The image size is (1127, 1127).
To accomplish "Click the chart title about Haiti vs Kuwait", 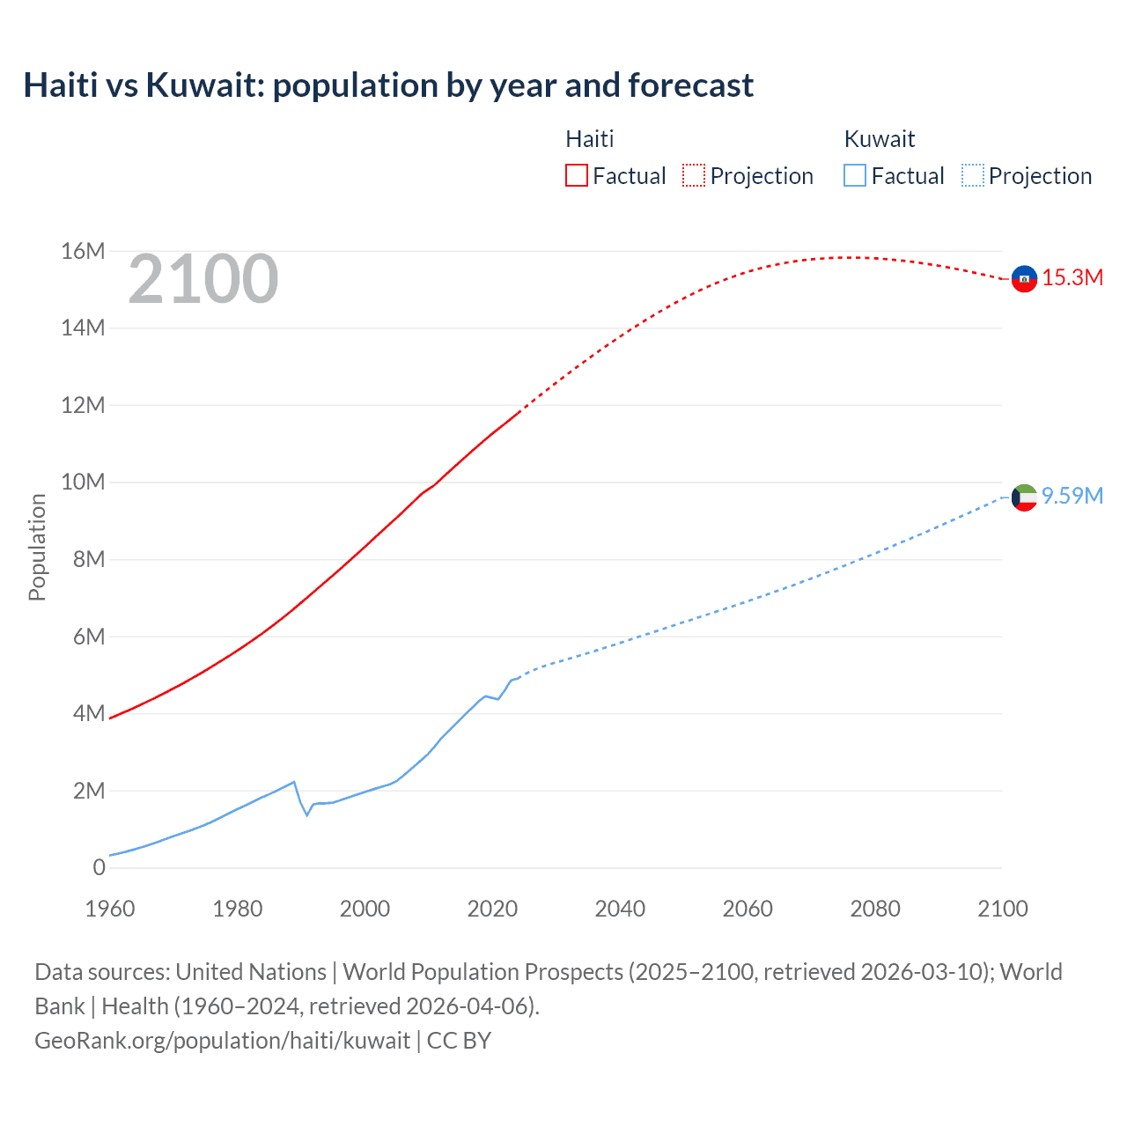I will tap(388, 85).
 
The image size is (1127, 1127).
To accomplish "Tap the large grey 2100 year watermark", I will tap(203, 279).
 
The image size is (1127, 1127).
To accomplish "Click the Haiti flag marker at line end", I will tap(1024, 278).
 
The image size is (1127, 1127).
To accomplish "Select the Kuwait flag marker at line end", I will tap(1024, 497).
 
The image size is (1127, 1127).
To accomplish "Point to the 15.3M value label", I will tap(1072, 277).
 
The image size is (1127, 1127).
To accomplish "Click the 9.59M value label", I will tap(1072, 496).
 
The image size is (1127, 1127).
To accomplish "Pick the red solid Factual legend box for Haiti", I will tap(577, 175).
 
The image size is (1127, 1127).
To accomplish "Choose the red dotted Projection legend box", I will tap(694, 175).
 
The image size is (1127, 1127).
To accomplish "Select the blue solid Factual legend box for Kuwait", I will tap(855, 175).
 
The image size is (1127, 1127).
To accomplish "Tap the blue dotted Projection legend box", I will tap(973, 175).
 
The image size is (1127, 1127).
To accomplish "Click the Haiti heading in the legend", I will tap(589, 139).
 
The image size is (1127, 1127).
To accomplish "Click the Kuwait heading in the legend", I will tap(879, 139).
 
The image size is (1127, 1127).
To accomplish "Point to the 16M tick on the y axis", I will tap(84, 251).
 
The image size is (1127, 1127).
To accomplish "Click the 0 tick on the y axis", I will tap(99, 867).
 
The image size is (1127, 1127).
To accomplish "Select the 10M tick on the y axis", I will tap(84, 482).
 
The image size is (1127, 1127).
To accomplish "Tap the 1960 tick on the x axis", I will tap(110, 909).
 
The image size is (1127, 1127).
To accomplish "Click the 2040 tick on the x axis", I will tap(620, 909).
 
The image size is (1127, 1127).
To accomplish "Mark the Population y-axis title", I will tap(37, 547).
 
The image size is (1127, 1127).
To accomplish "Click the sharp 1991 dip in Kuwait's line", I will tap(307, 814).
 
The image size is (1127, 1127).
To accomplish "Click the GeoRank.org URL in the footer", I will tap(222, 1040).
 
